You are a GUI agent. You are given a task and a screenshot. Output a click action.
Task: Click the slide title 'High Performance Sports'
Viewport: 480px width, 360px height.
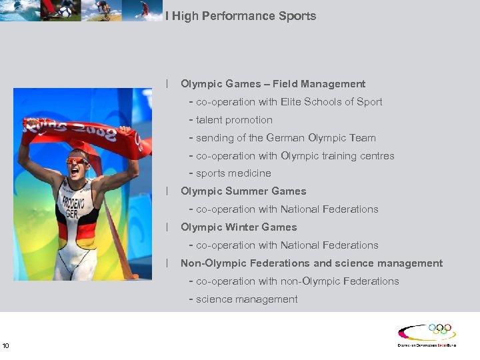[x=244, y=15]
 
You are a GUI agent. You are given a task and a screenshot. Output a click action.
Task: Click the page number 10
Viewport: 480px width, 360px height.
[x=6, y=345]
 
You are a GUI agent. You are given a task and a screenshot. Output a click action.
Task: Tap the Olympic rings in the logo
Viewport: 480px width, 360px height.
[x=439, y=329]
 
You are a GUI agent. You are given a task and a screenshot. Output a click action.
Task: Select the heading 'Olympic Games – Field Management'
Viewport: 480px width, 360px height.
[x=273, y=84]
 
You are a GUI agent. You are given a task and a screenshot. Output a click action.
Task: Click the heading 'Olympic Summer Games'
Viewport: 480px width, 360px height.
[x=243, y=191]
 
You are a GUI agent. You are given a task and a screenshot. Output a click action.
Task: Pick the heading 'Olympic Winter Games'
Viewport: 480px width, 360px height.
[x=239, y=227]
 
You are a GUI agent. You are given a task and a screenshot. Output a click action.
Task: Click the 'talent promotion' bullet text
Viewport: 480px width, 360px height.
[x=234, y=120]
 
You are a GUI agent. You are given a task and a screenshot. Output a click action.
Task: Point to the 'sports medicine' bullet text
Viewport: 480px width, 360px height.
[x=233, y=173]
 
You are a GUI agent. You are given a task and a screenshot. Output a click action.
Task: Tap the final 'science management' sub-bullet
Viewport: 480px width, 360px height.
[x=247, y=299]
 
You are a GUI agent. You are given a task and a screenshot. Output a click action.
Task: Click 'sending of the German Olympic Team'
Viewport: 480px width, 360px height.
[x=285, y=138]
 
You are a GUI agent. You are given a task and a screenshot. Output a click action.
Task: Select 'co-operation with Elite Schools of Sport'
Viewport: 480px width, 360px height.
[x=289, y=102]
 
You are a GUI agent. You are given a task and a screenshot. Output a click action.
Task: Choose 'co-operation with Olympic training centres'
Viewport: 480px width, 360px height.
[x=295, y=156]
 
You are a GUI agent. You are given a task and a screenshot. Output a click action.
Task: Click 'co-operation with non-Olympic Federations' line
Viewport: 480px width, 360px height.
[x=297, y=281]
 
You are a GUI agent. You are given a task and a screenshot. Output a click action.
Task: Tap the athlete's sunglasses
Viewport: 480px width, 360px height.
[x=76, y=160]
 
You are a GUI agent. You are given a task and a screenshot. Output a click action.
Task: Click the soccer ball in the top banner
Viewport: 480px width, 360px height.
[x=66, y=11]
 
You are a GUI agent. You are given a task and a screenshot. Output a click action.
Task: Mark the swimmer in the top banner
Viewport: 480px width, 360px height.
[x=17, y=10]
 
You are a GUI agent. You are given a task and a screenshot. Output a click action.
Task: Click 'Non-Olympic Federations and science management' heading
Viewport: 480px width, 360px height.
[x=311, y=263]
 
